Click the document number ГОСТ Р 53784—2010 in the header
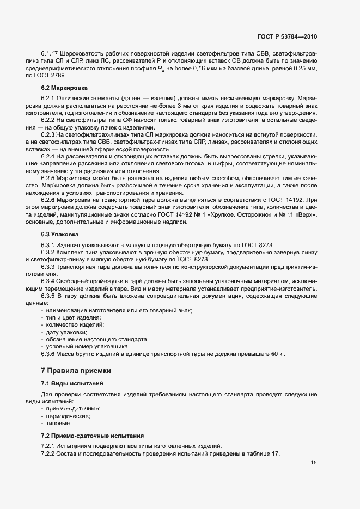coord(286,36)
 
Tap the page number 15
coord(314,463)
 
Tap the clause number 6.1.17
coord(52,54)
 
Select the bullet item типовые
coord(59,423)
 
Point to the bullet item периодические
coord(68,416)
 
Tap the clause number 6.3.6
coord(50,354)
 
